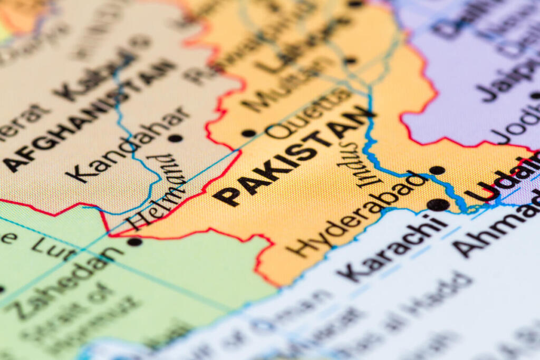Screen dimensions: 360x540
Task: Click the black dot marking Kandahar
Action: tap(175, 138)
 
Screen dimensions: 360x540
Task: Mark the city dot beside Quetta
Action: tap(248, 133)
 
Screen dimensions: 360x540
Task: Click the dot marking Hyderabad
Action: tap(437, 170)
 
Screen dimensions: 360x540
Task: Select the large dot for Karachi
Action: tap(438, 205)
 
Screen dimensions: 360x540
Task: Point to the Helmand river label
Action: tap(158, 193)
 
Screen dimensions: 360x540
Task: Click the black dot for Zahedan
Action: tap(134, 241)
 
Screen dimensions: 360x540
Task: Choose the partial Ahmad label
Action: tap(496, 227)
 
